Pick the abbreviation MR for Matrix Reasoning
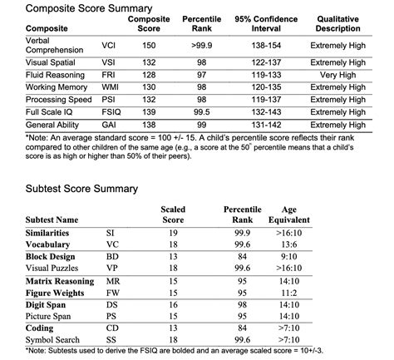tap(114, 282)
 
